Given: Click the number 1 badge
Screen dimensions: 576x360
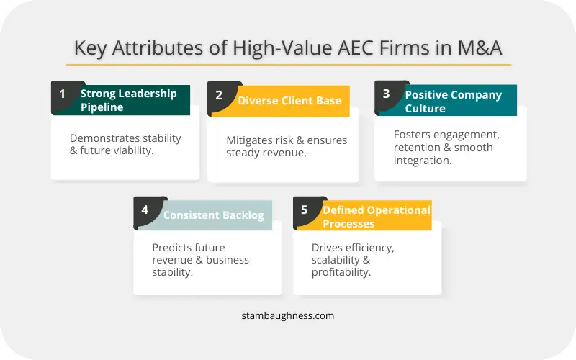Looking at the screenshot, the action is click(x=63, y=94).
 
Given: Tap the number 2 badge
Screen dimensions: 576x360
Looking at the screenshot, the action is click(x=219, y=95).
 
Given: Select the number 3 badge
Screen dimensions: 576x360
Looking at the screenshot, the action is click(x=386, y=94).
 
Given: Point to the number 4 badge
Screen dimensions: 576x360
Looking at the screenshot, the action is click(x=145, y=210).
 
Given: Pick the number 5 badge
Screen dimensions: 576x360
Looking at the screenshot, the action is click(x=304, y=210).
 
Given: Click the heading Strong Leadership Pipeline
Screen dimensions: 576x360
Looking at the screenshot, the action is click(x=129, y=100).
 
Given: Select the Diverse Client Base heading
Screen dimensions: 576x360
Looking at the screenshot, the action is click(x=289, y=101).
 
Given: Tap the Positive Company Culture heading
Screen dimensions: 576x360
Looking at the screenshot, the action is click(x=454, y=102).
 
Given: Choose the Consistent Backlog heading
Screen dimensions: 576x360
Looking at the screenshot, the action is click(x=213, y=215).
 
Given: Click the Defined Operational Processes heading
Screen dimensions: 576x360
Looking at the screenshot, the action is click(x=377, y=217).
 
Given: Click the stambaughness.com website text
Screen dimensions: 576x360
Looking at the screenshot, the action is click(x=287, y=316).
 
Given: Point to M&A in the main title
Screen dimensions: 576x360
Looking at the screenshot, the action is click(x=480, y=48).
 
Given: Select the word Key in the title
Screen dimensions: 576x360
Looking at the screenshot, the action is click(x=91, y=48).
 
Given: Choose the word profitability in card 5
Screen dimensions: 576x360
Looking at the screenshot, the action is click(x=341, y=272).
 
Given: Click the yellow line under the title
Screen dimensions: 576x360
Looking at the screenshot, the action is click(x=289, y=65).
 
